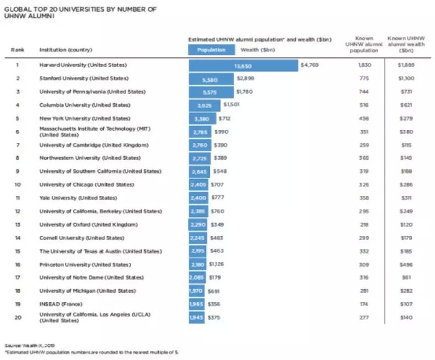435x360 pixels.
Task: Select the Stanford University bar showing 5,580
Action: click(x=211, y=79)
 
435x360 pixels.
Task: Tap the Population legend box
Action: click(x=211, y=50)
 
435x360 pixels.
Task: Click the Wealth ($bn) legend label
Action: click(x=258, y=50)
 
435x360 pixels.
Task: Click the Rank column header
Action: click(x=17, y=50)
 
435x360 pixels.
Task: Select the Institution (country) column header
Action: click(x=66, y=50)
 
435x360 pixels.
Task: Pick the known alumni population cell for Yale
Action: click(x=364, y=198)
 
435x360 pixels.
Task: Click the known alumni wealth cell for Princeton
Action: click(x=406, y=264)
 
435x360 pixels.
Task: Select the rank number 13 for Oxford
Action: click(x=17, y=224)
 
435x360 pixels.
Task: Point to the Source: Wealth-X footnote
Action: click(x=22, y=345)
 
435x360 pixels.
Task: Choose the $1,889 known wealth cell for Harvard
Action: click(x=406, y=65)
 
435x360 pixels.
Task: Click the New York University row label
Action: click(x=85, y=118)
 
